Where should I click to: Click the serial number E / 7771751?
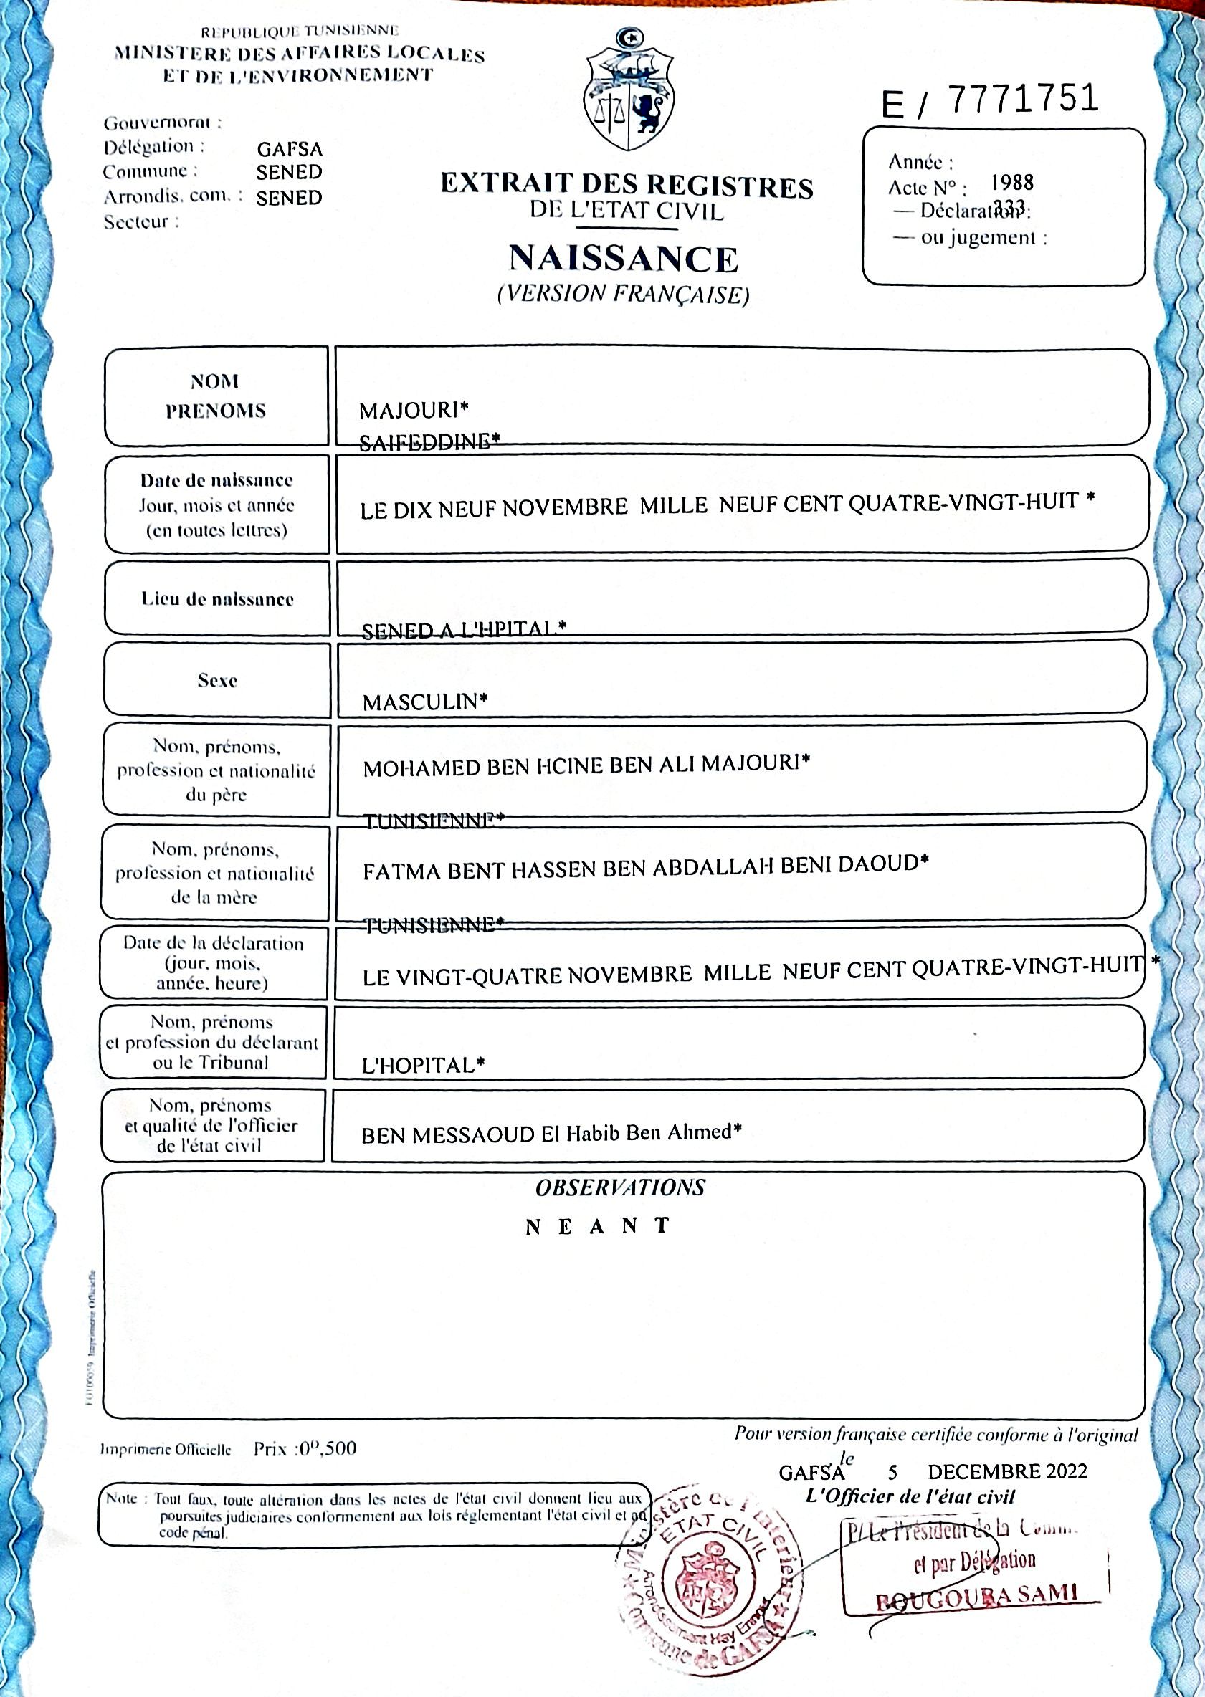click(990, 101)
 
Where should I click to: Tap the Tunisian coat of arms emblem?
click(629, 90)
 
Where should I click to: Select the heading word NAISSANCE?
click(623, 259)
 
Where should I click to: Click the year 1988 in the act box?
click(1012, 183)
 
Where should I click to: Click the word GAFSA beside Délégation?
click(290, 149)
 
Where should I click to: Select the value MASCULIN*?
click(425, 702)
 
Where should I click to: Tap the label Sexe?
click(216, 680)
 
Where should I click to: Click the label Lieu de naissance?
click(216, 598)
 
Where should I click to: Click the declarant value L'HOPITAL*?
click(423, 1066)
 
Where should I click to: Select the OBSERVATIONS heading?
click(620, 1187)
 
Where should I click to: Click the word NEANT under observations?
click(598, 1227)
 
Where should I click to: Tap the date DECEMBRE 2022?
click(1007, 1471)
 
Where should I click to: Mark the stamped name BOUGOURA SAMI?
click(976, 1595)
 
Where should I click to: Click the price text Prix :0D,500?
click(304, 1448)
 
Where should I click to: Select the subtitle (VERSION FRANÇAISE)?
click(623, 295)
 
